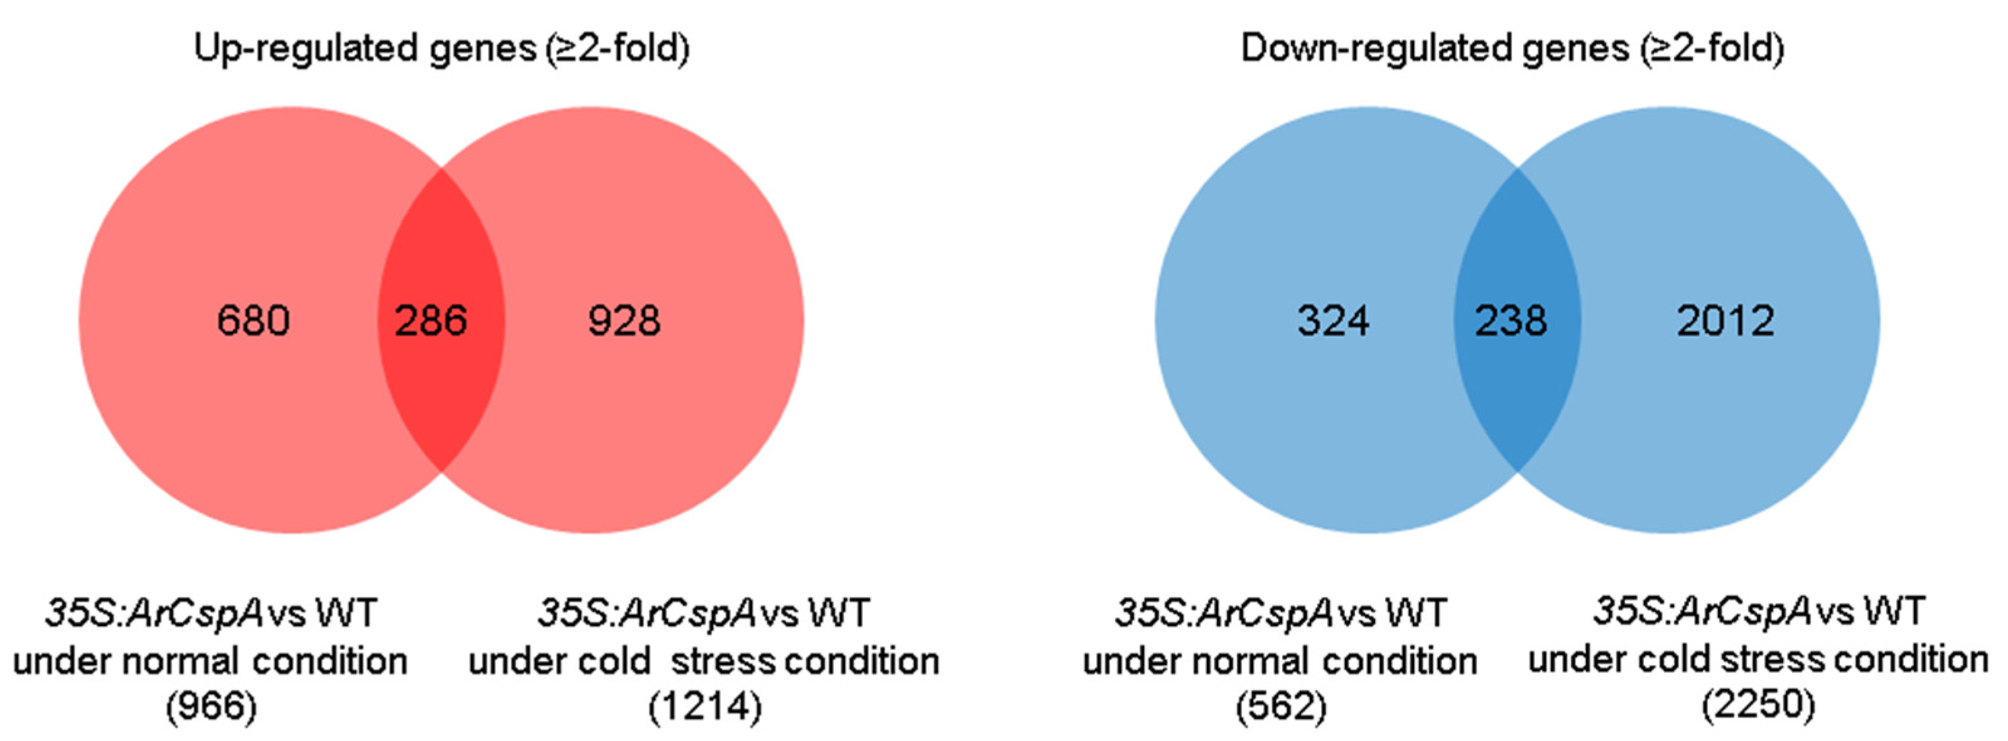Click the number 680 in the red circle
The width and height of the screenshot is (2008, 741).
pos(253,321)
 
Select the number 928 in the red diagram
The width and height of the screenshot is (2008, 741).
pos(623,321)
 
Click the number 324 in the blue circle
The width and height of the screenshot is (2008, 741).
pos(1333,321)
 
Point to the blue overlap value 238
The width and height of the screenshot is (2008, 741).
pos(1510,321)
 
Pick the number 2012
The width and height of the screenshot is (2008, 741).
pos(1725,321)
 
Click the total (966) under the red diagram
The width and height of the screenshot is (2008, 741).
pos(210,706)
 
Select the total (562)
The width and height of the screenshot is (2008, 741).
pos(1281,706)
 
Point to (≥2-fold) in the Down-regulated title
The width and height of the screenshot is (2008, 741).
pos(1712,48)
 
